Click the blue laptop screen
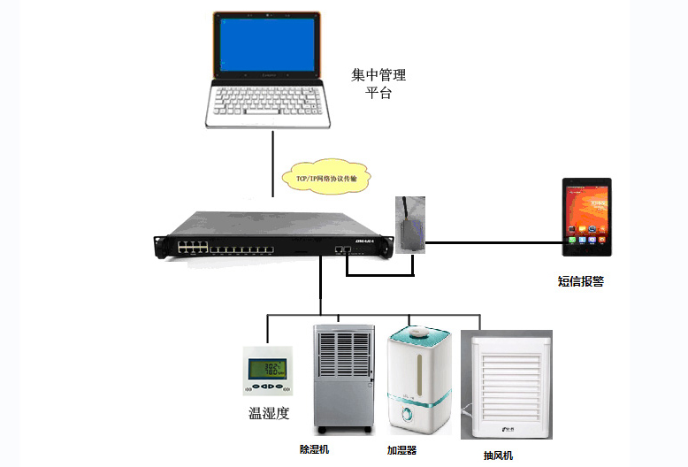[x=266, y=43]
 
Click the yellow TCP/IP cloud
[x=326, y=177]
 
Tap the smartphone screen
[x=586, y=214]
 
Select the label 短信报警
[x=580, y=282]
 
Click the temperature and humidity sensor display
[x=268, y=368]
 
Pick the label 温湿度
[x=269, y=413]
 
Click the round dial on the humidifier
[x=408, y=415]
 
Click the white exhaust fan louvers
[x=506, y=381]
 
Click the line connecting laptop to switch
[x=274, y=164]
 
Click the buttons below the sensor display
[x=268, y=387]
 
